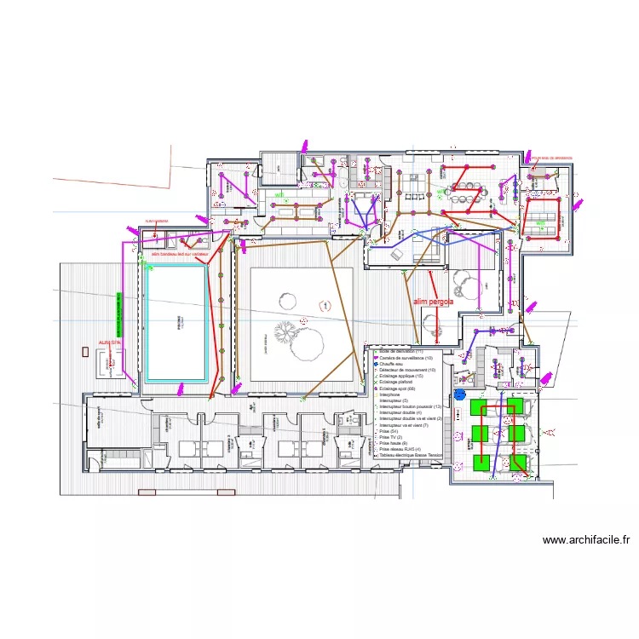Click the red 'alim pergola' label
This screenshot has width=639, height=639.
[433, 301]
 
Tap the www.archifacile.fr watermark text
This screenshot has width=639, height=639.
[585, 539]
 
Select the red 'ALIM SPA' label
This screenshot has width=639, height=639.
[110, 343]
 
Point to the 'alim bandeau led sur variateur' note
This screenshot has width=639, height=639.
[180, 253]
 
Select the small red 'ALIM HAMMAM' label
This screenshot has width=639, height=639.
[156, 221]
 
